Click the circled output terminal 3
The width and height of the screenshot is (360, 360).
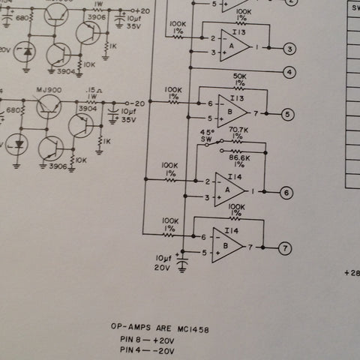click(289, 49)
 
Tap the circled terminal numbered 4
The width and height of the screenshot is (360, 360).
click(289, 72)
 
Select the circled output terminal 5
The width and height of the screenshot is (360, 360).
click(287, 114)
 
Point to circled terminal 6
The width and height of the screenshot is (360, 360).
click(286, 193)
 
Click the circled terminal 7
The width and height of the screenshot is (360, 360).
click(285, 248)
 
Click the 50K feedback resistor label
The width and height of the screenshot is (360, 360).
click(239, 76)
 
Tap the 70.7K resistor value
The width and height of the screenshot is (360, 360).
click(238, 130)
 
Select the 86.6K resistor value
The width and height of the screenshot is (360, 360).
click(239, 157)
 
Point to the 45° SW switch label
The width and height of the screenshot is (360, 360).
click(207, 136)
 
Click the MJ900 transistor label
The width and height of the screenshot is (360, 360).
click(49, 90)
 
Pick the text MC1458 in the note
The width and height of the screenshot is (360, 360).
click(193, 329)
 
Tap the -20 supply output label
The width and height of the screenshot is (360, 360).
click(137, 103)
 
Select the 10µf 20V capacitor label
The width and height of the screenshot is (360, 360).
click(163, 263)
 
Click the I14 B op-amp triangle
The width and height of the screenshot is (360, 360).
click(227, 245)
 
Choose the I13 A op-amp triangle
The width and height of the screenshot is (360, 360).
click(235, 46)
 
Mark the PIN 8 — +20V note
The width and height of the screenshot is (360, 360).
click(147, 340)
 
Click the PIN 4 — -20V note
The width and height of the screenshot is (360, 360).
click(147, 350)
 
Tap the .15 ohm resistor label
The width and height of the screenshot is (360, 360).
click(94, 90)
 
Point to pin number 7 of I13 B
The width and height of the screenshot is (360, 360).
click(256, 114)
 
